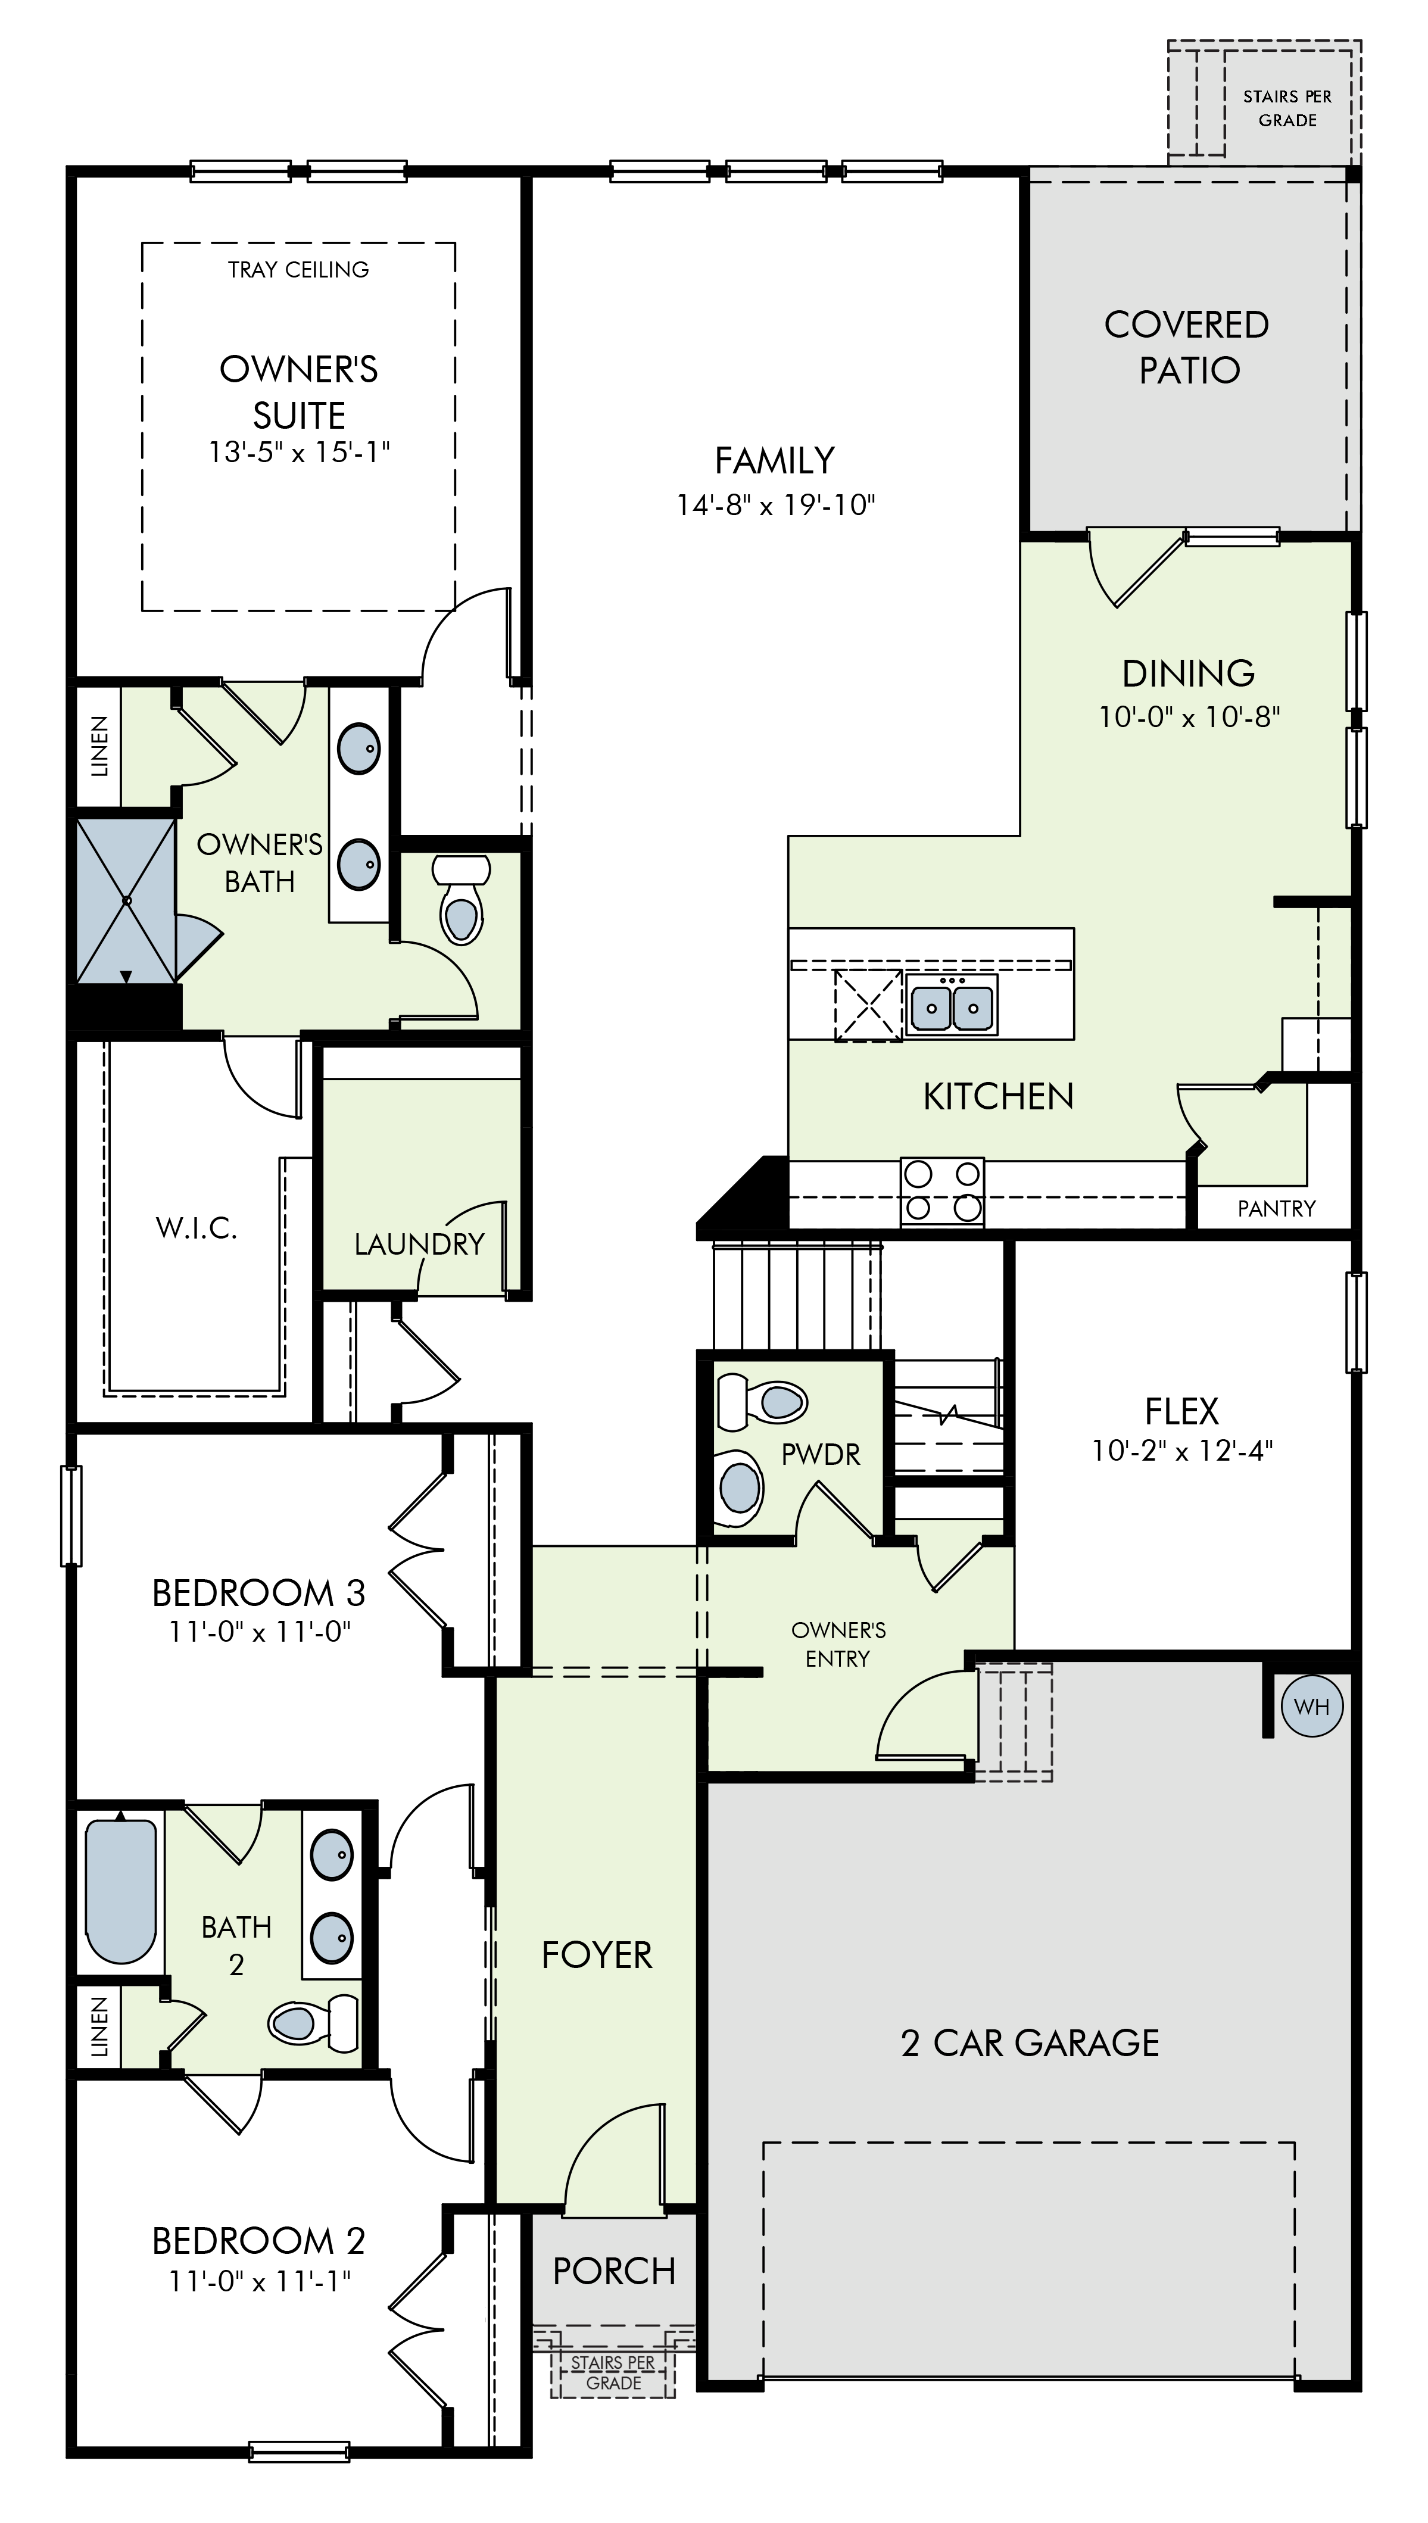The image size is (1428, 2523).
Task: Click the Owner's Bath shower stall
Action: coord(126,900)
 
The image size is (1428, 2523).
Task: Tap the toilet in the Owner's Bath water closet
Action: coord(461,898)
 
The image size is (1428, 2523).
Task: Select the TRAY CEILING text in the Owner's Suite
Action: coord(298,270)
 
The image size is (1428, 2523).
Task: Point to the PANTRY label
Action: coord(1276,1208)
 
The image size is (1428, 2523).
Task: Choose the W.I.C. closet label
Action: coord(196,1228)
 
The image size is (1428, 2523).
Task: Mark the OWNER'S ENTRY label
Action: coord(838,1645)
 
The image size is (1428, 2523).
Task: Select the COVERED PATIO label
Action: coord(1187,347)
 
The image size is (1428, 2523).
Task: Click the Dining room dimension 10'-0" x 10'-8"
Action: coord(1189,717)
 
